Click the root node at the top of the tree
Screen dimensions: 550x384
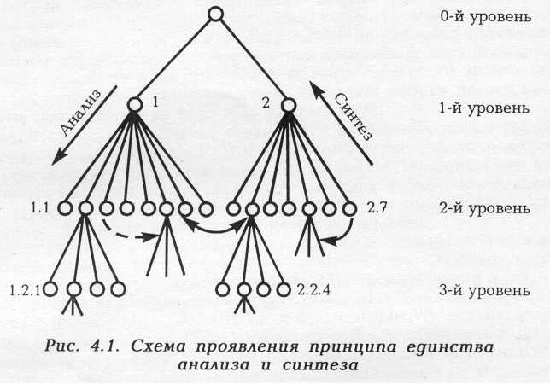coord(216,15)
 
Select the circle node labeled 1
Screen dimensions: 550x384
coord(135,105)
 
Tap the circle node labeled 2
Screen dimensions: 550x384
coord(289,105)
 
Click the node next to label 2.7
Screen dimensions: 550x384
coord(349,207)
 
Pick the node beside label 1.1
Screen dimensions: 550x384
coord(65,207)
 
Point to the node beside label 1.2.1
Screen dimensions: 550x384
coord(52,289)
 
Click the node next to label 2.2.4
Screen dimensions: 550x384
coord(284,289)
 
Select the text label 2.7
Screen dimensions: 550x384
coord(377,207)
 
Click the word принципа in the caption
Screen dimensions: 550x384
coord(321,346)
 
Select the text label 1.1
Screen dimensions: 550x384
coord(40,207)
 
